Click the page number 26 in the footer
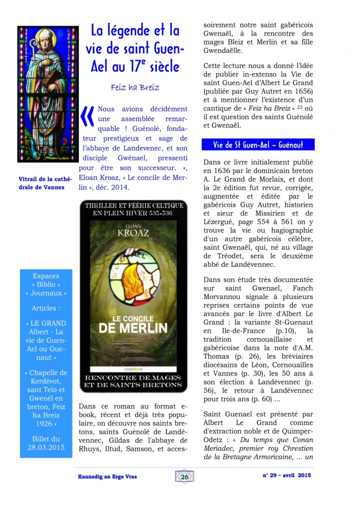tap(184, 477)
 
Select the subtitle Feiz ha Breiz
tap(135, 87)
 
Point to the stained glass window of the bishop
tap(48, 94)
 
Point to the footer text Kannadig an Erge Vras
tap(103, 477)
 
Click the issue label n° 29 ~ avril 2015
tap(286, 476)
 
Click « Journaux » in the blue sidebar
tap(45, 293)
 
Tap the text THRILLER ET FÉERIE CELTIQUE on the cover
tap(133, 204)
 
